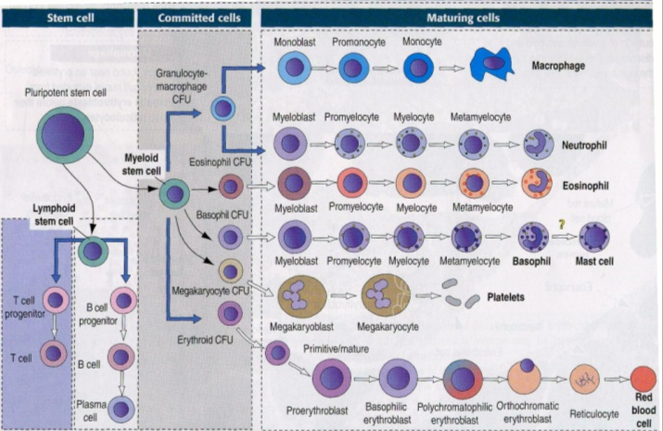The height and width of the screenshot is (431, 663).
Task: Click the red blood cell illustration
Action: (643, 378)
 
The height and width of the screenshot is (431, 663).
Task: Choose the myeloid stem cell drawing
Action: (174, 195)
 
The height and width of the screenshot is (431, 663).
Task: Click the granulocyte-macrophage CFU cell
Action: (222, 109)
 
